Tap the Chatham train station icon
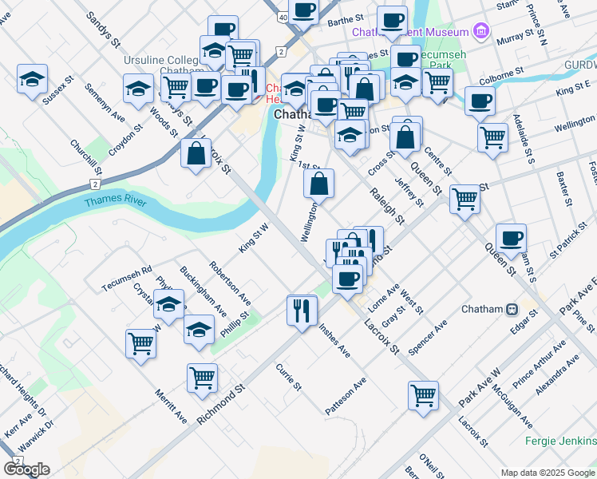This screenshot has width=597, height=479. pos(512,309)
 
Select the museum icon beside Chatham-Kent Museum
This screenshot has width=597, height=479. pos(480,32)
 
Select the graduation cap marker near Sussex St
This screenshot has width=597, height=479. pos(31,80)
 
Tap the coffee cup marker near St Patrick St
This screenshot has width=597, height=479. pos(511,238)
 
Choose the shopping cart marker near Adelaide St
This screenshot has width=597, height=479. pos(492,137)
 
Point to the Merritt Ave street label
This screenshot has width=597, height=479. pos(172,407)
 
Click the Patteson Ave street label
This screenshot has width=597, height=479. pos(346,397)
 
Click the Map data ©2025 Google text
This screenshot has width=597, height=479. pos(548,472)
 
